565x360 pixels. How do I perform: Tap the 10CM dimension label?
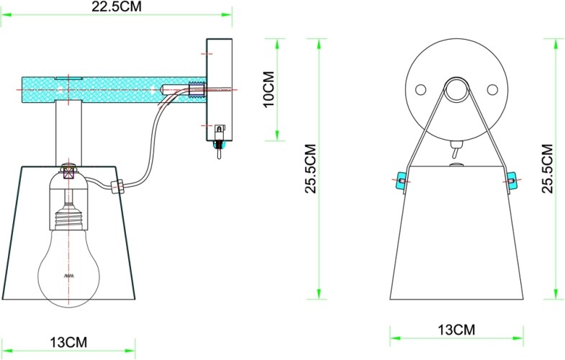point(267,89)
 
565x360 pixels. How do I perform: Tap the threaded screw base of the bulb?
point(69,217)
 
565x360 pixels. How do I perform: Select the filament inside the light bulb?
point(69,276)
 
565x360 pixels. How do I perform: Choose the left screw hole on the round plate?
point(422,89)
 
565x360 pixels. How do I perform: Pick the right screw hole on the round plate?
point(492,89)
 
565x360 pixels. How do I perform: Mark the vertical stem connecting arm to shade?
point(69,133)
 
